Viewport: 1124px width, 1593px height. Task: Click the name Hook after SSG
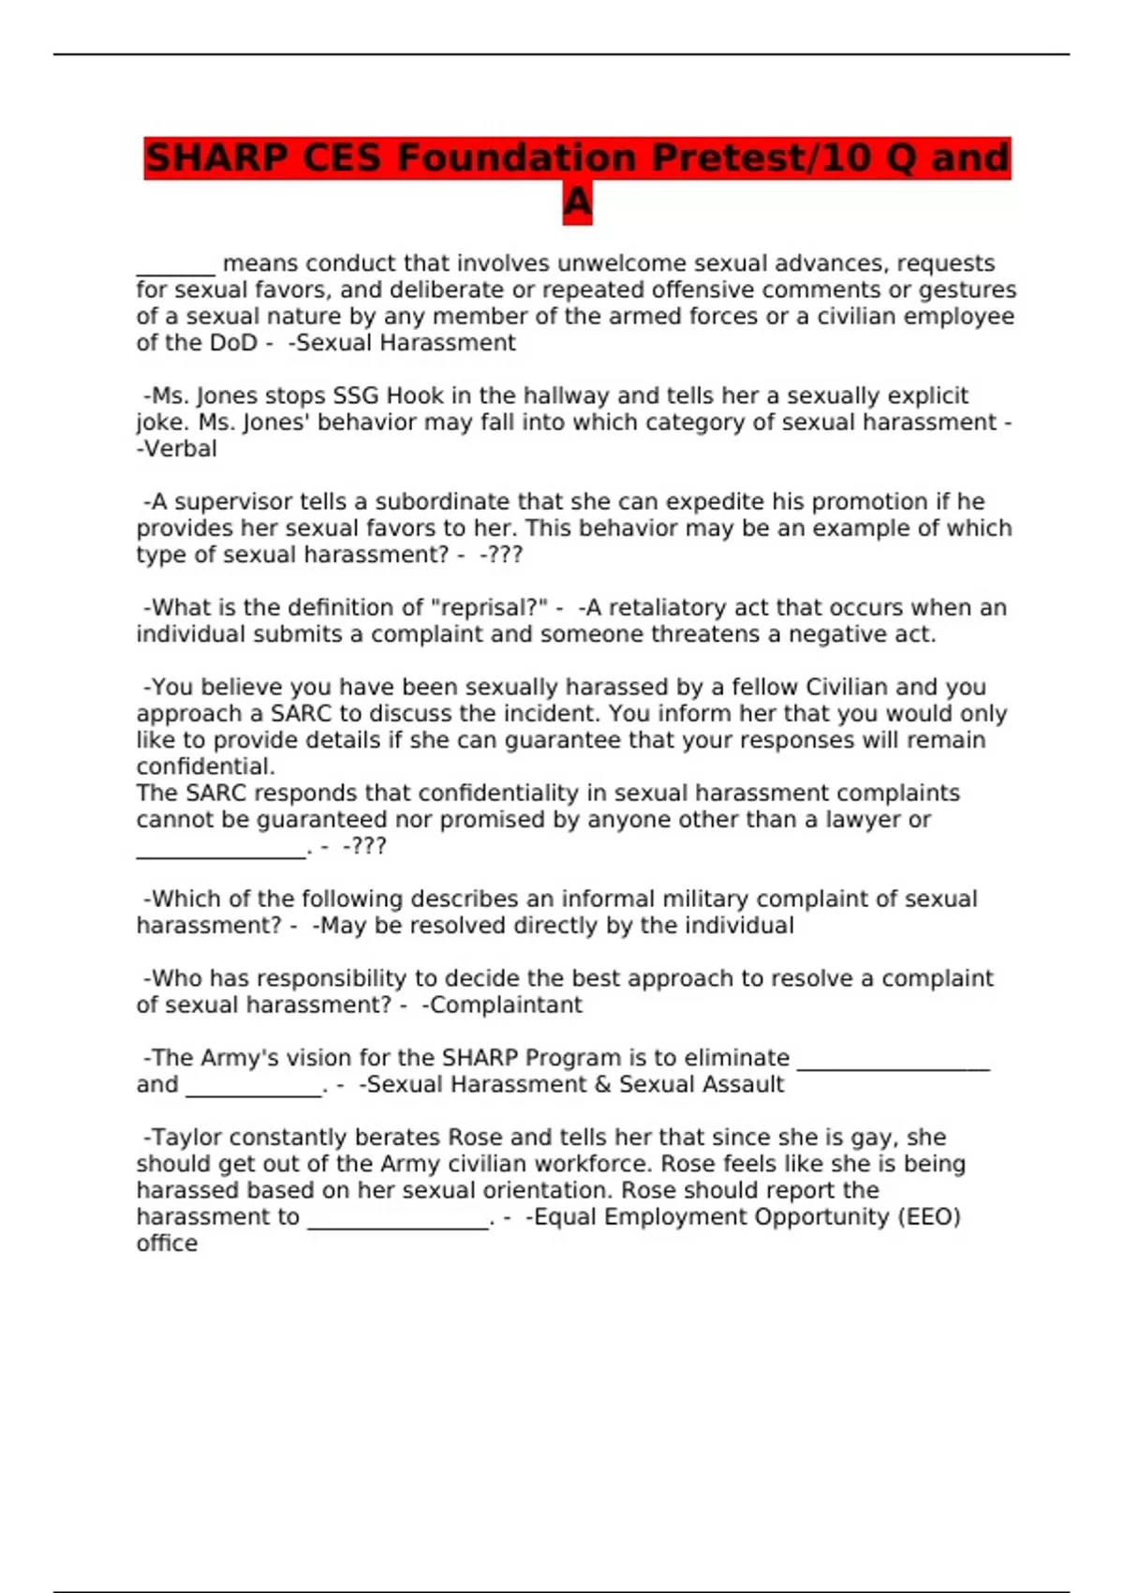(415, 395)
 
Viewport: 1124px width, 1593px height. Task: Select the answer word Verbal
(180, 449)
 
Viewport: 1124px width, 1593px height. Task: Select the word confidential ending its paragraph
(205, 767)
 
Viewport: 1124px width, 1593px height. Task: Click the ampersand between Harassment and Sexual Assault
(602, 1085)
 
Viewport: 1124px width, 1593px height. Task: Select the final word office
(167, 1243)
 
